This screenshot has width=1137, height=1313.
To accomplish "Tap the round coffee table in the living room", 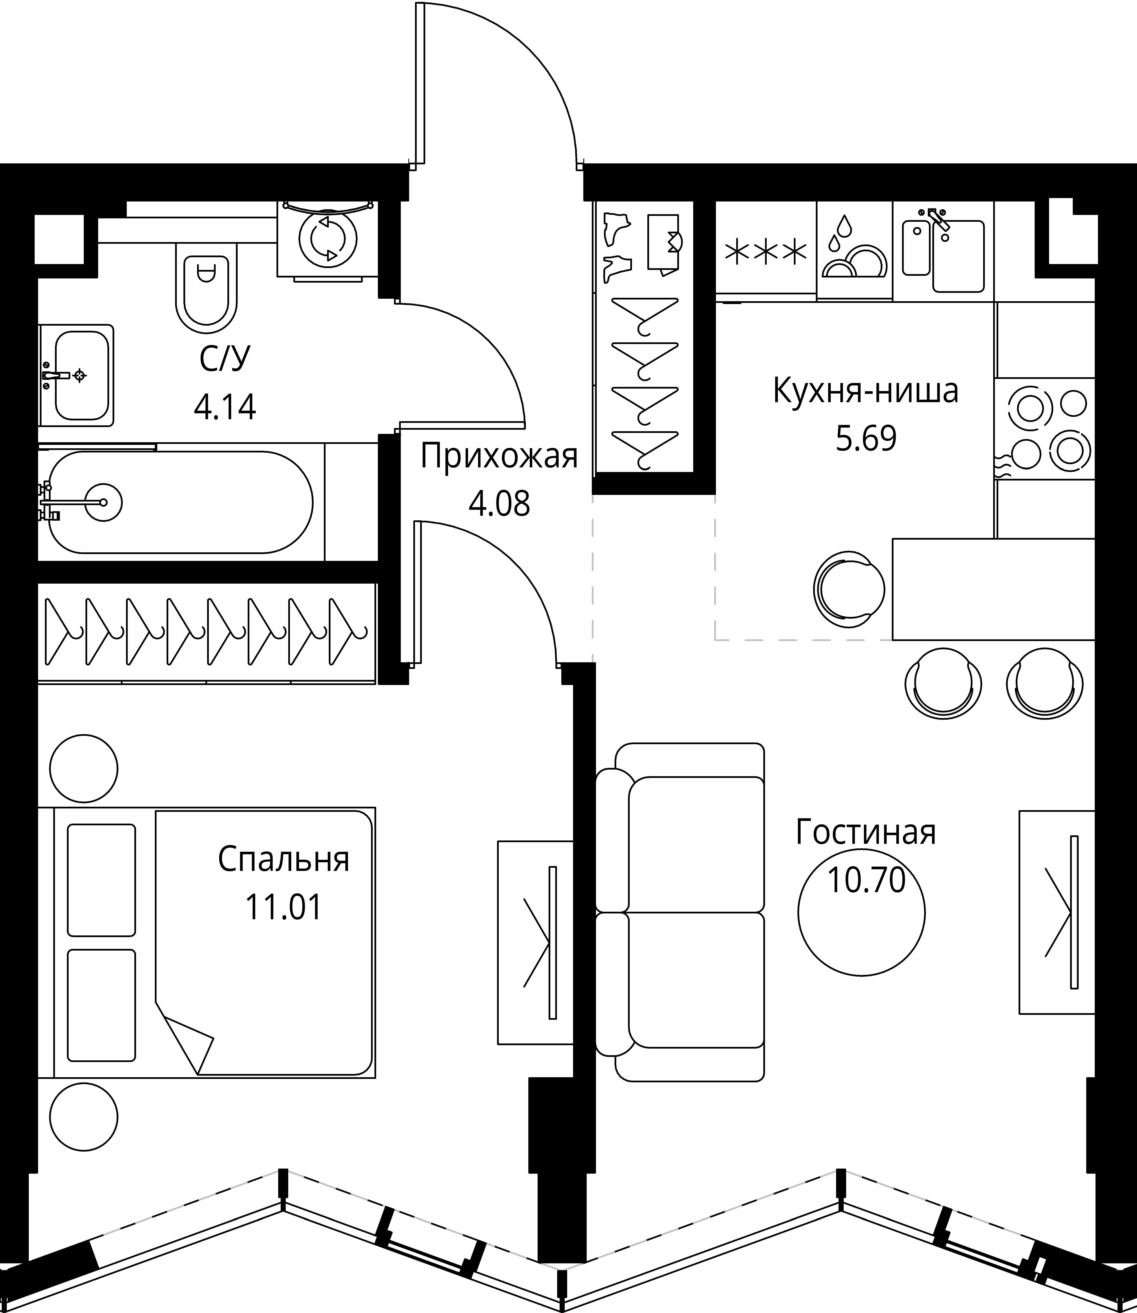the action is pyautogui.click(x=862, y=915).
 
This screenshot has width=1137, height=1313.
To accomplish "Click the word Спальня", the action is pyautogui.click(x=284, y=859).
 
